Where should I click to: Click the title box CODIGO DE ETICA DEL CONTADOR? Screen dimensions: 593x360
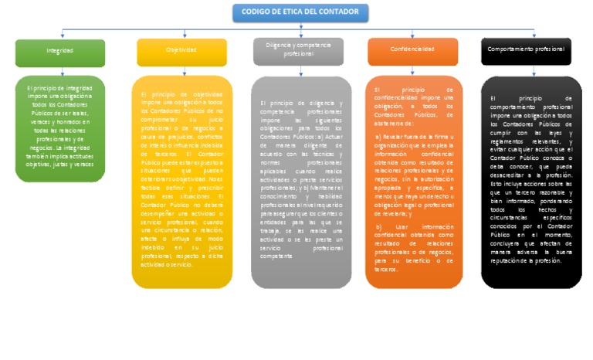pyautogui.click(x=300, y=12)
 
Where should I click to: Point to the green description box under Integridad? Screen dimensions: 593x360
pyautogui.click(x=60, y=127)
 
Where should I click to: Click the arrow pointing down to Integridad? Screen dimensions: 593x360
pyautogui.click(x=60, y=36)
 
